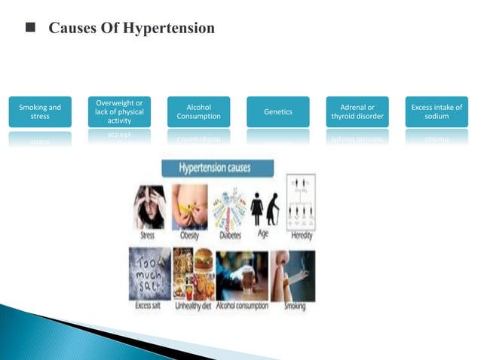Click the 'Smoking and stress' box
click(41, 112)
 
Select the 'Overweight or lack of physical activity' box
click(119, 111)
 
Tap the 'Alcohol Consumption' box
click(198, 112)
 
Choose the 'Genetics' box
click(277, 112)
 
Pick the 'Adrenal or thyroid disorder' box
click(357, 112)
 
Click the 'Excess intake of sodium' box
click(437, 112)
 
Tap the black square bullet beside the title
click(30, 29)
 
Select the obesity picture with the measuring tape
click(192, 207)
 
